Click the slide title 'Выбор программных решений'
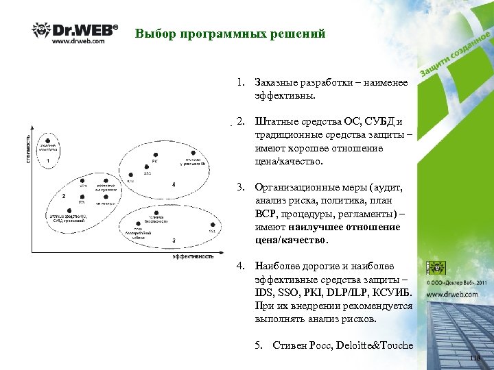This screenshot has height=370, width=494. (230, 34)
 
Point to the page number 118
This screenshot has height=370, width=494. (476, 358)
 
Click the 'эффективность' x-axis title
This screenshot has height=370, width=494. (193, 257)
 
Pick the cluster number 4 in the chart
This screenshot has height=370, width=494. (174, 184)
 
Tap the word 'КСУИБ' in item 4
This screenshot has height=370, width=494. (394, 293)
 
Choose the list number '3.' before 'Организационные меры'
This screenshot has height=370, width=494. (241, 186)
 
